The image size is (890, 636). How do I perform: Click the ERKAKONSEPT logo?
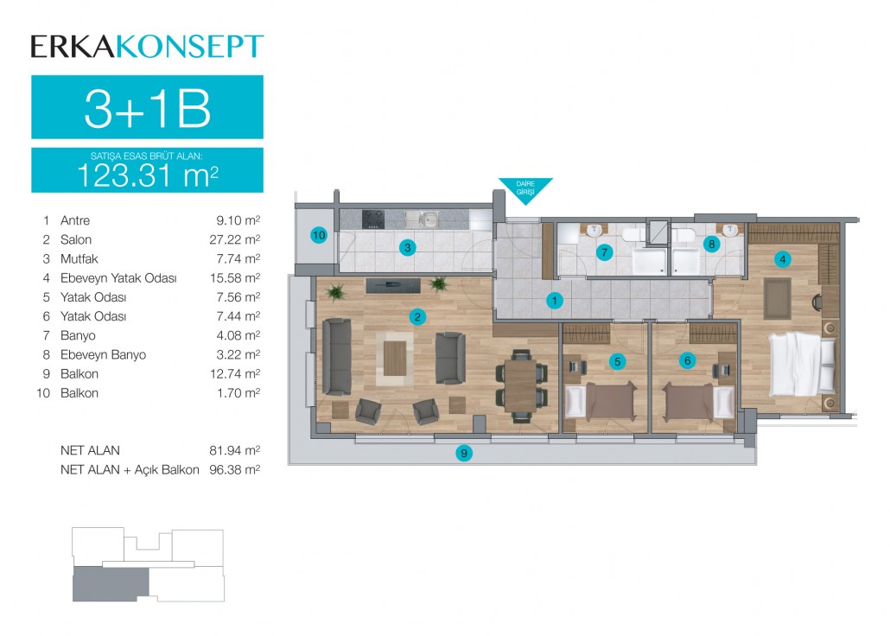point(147,47)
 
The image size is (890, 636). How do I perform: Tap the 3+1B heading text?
point(147,109)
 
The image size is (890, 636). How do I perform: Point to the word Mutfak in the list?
point(79,259)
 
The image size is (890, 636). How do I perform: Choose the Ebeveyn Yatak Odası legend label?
point(118,278)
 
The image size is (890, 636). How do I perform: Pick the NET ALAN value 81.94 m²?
point(235,450)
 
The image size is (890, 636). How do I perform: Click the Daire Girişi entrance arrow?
point(525,190)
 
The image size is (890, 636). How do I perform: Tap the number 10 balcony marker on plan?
point(319,235)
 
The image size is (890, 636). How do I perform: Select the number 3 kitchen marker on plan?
point(408,248)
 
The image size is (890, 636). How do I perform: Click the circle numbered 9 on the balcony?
point(464,453)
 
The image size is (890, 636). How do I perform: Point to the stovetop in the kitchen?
point(373,219)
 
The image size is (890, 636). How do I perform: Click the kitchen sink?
point(429,218)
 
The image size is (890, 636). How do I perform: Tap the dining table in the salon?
point(521,385)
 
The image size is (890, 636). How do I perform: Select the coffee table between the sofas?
point(395,359)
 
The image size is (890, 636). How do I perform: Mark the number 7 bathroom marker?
point(605,252)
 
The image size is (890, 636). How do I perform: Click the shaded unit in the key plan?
point(111,584)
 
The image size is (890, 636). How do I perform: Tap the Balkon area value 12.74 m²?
point(238,374)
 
